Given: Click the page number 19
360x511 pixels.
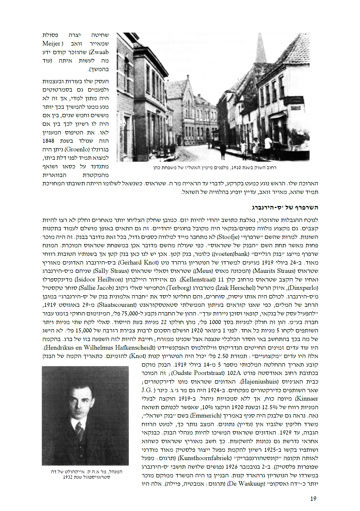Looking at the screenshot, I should coord(313,499).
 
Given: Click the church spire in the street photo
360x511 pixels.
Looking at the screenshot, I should coord(261,48).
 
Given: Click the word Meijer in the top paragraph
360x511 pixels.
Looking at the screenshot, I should coord(52,44).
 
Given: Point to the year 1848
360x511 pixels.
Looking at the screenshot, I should coord(48,141).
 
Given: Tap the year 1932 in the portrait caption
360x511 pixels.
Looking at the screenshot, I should coord(68,477).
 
